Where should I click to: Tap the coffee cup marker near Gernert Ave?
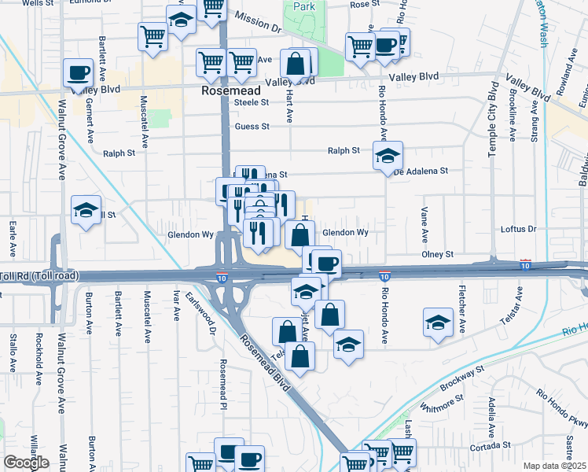coord(78,73)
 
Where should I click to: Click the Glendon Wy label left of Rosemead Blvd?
coord(190,234)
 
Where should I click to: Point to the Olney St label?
coord(438,255)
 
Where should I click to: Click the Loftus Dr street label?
coord(518,230)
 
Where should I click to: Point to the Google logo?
coord(26,463)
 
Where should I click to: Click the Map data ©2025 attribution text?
coord(553,466)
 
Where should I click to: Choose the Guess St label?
coord(252,126)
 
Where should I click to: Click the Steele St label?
coord(252,102)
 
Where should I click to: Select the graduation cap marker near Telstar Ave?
coord(438,322)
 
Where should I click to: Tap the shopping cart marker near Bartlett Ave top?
coord(153,35)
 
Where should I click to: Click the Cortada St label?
coord(490,445)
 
